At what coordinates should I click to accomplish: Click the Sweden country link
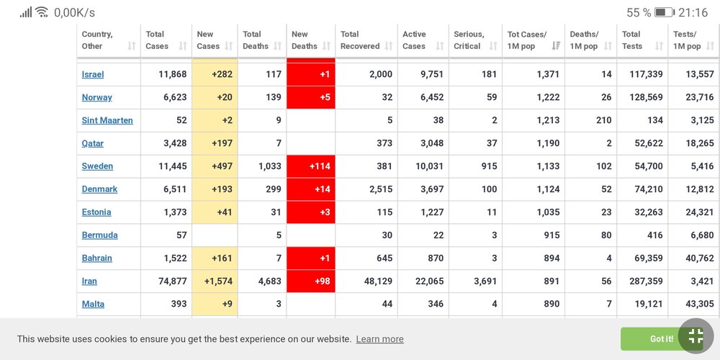(x=97, y=166)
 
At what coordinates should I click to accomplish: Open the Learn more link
(x=379, y=339)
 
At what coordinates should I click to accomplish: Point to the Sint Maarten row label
(x=107, y=120)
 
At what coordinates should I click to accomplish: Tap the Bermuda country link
(x=99, y=235)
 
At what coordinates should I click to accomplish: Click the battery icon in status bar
(x=664, y=13)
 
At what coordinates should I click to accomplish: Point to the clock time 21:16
(x=693, y=13)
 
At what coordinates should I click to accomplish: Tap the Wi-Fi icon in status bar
(x=42, y=12)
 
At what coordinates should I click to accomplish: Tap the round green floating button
(x=696, y=336)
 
